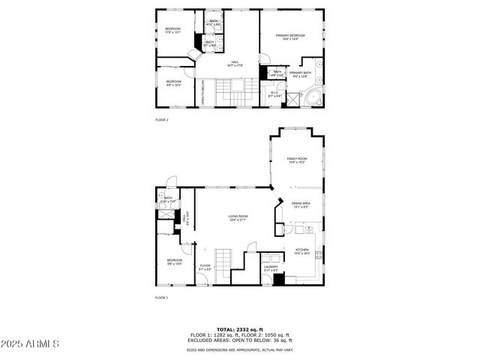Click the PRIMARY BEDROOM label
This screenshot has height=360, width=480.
289,36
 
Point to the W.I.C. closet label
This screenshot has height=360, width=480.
274,95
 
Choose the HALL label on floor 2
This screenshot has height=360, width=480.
235,64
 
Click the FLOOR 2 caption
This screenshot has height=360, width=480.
162,120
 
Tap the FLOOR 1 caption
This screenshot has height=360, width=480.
162,298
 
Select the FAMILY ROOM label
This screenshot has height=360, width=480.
297,160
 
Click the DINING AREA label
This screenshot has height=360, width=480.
301,204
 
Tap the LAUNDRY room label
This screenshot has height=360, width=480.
271,267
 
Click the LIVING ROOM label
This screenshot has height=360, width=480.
238,217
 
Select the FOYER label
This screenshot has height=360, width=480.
205,266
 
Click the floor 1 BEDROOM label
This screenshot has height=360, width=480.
173,261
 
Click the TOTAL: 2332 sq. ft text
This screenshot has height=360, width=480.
239,329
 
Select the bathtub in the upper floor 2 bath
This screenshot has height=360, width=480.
214,23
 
